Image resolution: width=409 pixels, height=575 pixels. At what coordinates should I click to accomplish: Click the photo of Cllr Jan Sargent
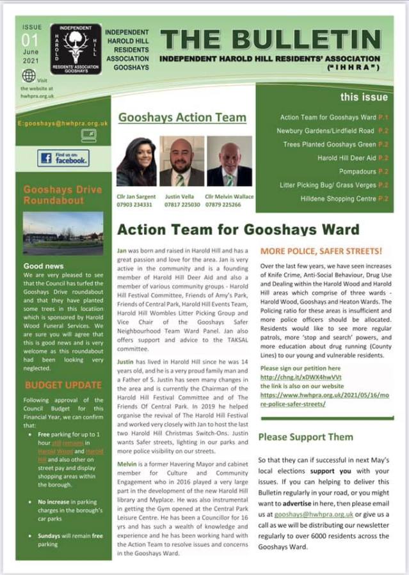(x=136, y=161)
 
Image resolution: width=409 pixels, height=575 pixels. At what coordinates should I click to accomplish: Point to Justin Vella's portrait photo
(x=182, y=161)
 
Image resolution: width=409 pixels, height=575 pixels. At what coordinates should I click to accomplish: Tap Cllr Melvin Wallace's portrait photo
(x=229, y=161)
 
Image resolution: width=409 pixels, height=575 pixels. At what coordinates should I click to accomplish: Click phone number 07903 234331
(x=135, y=205)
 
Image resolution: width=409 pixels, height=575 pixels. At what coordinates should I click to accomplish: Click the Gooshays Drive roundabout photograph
(x=63, y=233)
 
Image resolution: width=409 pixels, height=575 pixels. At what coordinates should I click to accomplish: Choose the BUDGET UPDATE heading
(x=63, y=385)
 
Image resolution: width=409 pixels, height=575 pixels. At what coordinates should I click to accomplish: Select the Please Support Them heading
(x=305, y=437)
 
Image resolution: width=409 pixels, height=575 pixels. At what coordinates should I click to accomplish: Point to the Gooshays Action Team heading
(x=182, y=117)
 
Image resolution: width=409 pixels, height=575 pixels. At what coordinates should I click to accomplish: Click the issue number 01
(x=30, y=41)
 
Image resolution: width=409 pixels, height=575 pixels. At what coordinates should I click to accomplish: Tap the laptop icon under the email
(x=88, y=135)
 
